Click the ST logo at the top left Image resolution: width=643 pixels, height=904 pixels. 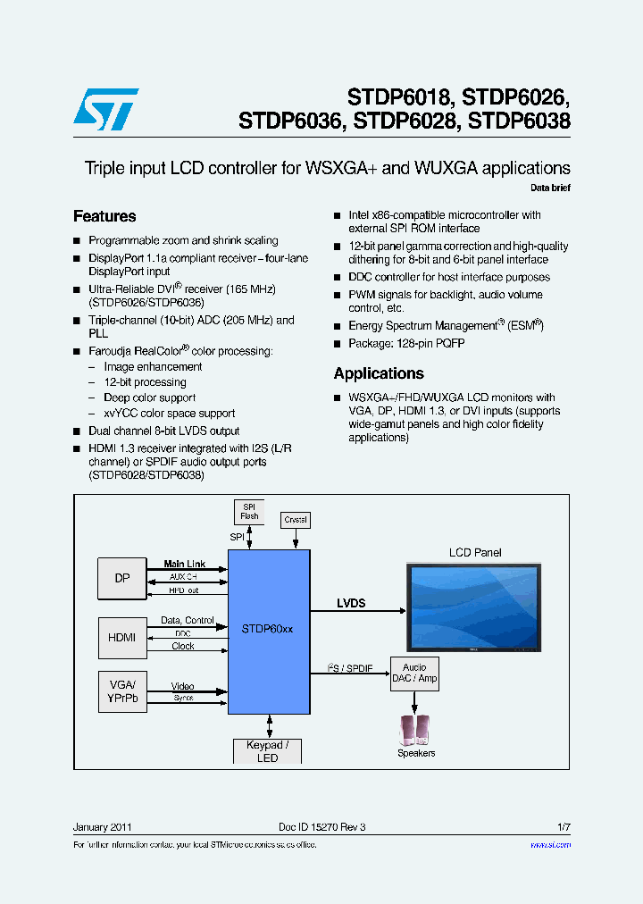pyautogui.click(x=105, y=109)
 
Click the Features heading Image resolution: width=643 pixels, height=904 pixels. pyautogui.click(x=104, y=216)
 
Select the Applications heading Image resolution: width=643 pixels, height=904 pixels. pyautogui.click(x=379, y=373)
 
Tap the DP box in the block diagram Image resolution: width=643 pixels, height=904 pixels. pyautogui.click(x=122, y=578)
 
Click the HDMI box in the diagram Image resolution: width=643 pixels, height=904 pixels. pyautogui.click(x=122, y=637)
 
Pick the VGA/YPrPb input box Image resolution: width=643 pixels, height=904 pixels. pyautogui.click(x=122, y=692)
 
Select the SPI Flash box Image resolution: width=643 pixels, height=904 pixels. pyautogui.click(x=249, y=512)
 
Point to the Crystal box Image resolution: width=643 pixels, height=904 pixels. pyautogui.click(x=295, y=519)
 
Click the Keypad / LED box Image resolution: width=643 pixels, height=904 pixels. pyautogui.click(x=267, y=751)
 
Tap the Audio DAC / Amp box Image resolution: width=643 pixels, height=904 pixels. pyautogui.click(x=414, y=674)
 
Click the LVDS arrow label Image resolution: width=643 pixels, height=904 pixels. pyautogui.click(x=351, y=603)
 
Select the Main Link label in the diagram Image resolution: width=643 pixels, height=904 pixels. pyautogui.click(x=184, y=564)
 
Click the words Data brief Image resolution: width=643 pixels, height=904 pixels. pyautogui.click(x=550, y=188)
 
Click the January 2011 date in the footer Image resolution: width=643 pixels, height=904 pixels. pyautogui.click(x=103, y=827)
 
